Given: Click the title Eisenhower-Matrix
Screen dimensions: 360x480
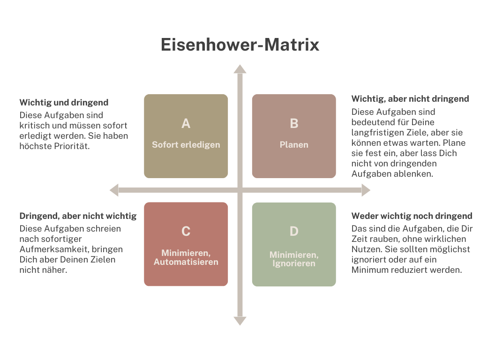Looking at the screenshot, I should [240, 45].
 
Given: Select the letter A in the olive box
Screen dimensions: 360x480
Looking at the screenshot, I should [186, 124].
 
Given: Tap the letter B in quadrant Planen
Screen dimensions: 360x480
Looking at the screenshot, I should [294, 124].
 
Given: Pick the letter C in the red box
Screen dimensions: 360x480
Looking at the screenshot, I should [186, 232].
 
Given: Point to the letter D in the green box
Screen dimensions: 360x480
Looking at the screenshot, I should [294, 232].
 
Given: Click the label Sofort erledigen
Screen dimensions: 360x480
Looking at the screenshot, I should [186, 145].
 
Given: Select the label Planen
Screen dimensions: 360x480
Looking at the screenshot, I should [294, 145].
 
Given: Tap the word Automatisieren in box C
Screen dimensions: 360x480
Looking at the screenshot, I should [186, 262].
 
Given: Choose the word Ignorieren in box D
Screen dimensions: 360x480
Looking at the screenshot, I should [294, 263].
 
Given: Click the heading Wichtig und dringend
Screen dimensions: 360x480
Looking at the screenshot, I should [64, 102].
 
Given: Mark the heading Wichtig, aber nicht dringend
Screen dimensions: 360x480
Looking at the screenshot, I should [410, 99].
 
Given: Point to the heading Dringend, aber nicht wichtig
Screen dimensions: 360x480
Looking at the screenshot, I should [78, 216].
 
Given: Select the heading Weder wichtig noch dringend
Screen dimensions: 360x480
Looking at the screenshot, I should [412, 216].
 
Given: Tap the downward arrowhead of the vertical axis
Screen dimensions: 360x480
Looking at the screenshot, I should [240, 321].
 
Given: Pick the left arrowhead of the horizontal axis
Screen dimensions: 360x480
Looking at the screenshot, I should [114, 190].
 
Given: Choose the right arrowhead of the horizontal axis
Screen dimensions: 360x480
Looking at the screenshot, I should [366, 190].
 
